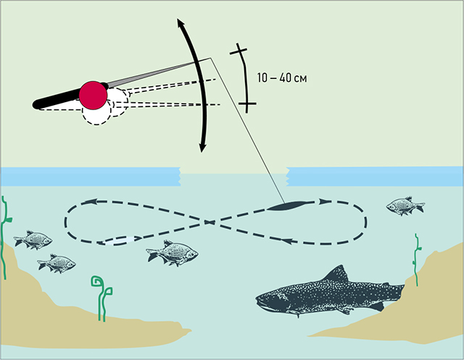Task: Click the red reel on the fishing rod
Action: [x=94, y=93]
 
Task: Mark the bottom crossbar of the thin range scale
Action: [x=246, y=105]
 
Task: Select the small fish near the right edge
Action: [x=405, y=206]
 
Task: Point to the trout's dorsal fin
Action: [x=336, y=275]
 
